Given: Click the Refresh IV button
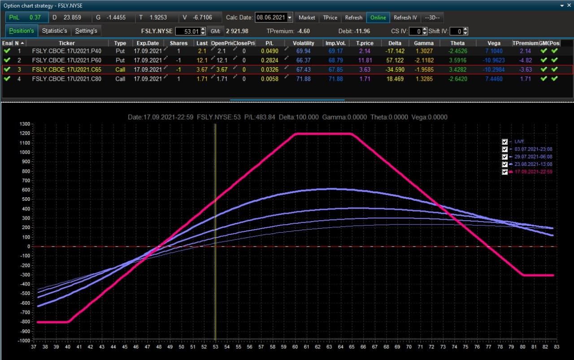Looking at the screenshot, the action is coord(405,17).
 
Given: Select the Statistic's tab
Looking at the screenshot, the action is coord(54,31).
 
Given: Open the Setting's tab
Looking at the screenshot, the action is coord(86,31).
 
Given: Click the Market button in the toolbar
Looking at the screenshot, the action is coord(307,17).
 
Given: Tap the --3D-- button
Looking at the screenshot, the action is coord(432,17).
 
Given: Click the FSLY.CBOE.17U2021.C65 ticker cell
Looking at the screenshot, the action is coord(67,69).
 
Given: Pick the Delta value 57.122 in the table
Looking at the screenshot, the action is coord(395,61).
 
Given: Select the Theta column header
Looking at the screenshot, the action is coord(457,43).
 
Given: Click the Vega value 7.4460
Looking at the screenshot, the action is coord(494,79).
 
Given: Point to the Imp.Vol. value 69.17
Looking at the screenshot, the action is coord(335,51).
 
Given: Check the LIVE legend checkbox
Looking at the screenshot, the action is coord(504,142).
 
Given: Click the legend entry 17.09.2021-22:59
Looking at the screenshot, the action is coord(533,172).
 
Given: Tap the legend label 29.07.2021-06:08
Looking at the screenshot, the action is coord(533,156).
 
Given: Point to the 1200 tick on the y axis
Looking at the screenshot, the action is coord(25,133).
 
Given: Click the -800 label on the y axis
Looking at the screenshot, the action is coord(25,321).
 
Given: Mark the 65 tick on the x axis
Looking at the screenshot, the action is coord(352,347).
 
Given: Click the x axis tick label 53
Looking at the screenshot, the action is coord(216,347).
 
